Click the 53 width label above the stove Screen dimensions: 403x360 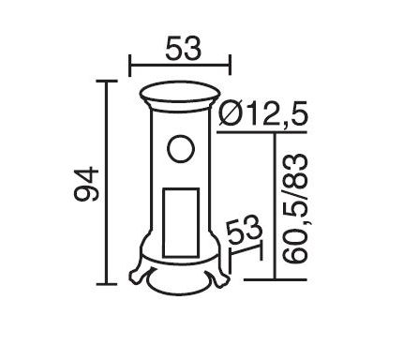183,48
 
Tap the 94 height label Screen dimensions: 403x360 86,184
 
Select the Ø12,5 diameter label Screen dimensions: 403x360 263,113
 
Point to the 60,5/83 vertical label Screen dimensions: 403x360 295,208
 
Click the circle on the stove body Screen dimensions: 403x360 181,149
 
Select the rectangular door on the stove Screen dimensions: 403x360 181,222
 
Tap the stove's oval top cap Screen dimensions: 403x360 180,93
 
